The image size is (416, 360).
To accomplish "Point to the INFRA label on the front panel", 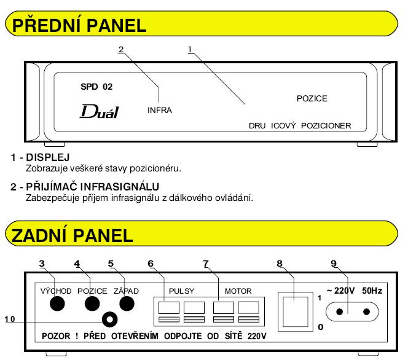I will (160, 111).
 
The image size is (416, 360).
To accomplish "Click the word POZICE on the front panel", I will (312, 98).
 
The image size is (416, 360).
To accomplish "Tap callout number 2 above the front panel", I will (122, 49).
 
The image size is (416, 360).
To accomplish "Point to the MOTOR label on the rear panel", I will (238, 291).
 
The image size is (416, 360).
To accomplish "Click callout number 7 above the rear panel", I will (206, 264).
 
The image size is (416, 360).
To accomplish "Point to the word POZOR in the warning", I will (60, 337).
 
